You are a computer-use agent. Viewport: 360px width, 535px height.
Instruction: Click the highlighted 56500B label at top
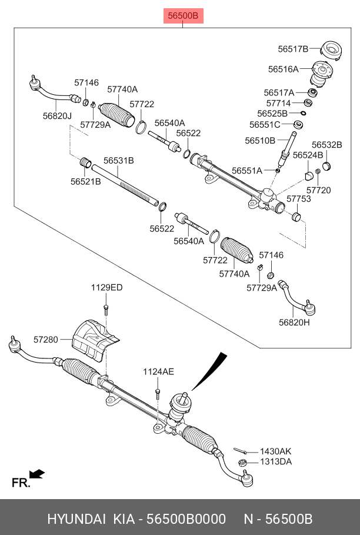pyautogui.click(x=182, y=16)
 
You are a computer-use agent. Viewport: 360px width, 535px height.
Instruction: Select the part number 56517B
pyautogui.click(x=292, y=49)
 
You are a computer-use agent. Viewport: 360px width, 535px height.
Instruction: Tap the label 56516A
pyautogui.click(x=283, y=69)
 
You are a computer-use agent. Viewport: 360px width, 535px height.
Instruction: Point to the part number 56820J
pyautogui.click(x=56, y=116)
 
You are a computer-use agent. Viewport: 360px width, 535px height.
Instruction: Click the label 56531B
pyautogui.click(x=119, y=160)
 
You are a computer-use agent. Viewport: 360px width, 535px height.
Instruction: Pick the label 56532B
pyautogui.click(x=326, y=144)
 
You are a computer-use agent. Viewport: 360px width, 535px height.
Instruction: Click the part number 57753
pyautogui.click(x=299, y=200)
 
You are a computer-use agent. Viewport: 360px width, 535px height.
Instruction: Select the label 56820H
pyautogui.click(x=294, y=322)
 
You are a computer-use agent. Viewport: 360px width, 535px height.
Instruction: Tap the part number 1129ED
pyautogui.click(x=106, y=288)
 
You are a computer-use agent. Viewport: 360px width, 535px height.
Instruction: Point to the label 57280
pyautogui.click(x=45, y=340)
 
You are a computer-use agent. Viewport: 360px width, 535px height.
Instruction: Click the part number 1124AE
pyautogui.click(x=158, y=371)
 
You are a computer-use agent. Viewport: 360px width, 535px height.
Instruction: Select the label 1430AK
pyautogui.click(x=276, y=451)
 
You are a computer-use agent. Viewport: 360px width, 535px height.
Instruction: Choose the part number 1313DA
pyautogui.click(x=276, y=461)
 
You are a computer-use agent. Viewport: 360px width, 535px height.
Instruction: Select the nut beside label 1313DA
pyautogui.click(x=242, y=463)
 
